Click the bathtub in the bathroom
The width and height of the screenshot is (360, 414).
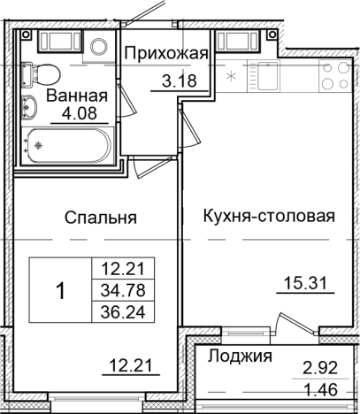tap(67, 142)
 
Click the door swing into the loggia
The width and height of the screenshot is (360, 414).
tap(288, 320)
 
